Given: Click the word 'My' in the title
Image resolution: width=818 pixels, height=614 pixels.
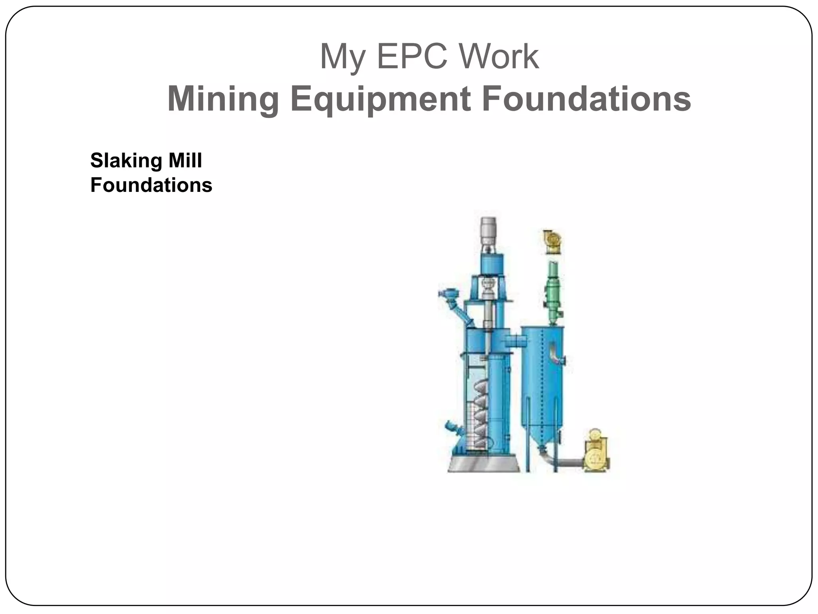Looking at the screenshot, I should click(342, 57).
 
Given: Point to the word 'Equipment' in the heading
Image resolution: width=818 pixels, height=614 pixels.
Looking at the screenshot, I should click(379, 100).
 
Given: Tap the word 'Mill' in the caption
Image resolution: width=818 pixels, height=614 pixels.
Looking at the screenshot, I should click(185, 161).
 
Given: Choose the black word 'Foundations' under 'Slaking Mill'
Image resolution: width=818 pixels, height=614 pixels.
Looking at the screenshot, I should click(151, 185).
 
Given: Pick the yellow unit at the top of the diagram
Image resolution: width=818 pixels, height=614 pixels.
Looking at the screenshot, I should click(553, 242).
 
